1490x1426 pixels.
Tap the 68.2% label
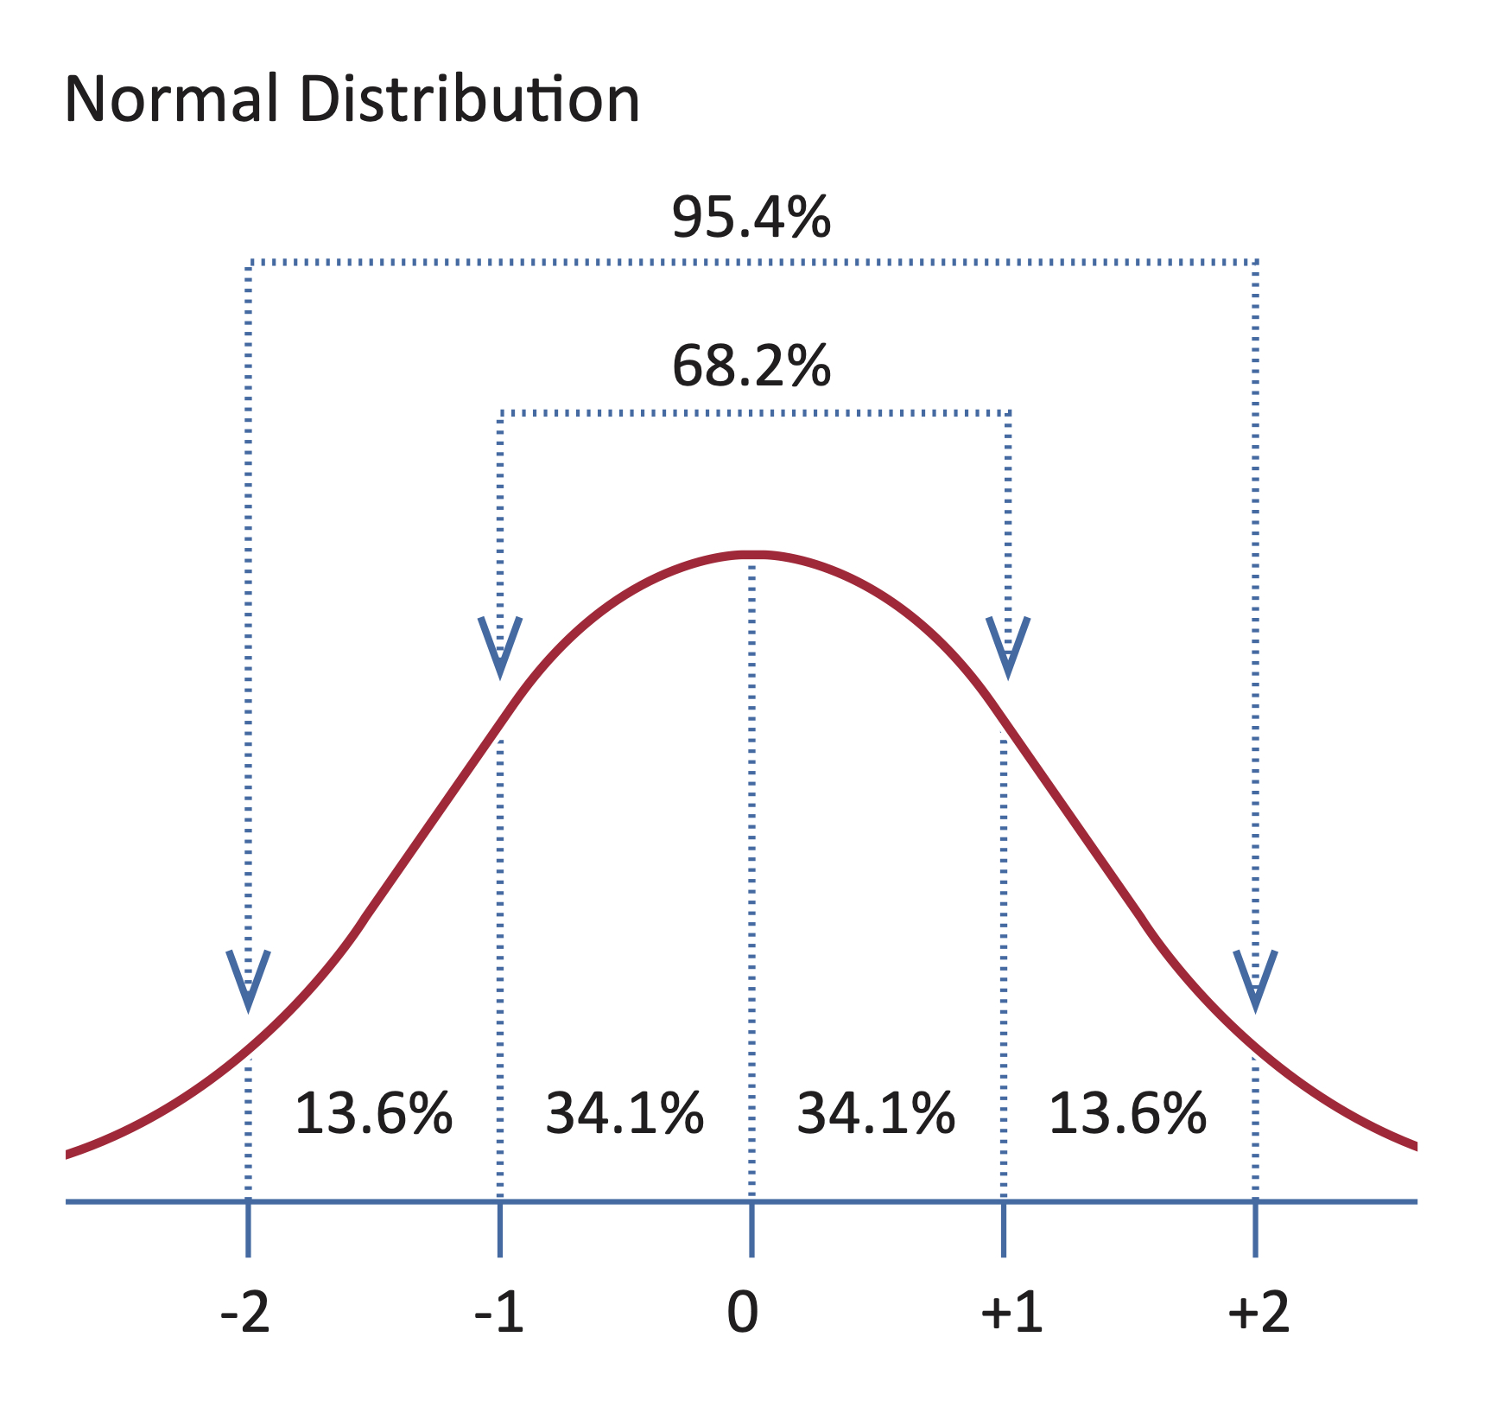click(751, 366)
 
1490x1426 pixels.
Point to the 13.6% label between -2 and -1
click(373, 1113)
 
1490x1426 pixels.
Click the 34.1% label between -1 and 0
click(625, 1113)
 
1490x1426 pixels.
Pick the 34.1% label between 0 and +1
click(875, 1113)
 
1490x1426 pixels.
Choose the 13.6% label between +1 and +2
click(1126, 1113)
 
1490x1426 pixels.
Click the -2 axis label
click(246, 1314)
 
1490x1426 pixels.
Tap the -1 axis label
click(499, 1314)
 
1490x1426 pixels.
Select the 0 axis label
click(743, 1314)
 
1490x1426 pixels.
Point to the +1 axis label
click(1011, 1314)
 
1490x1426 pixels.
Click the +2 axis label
click(1259, 1314)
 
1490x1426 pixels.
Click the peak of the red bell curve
click(751, 554)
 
